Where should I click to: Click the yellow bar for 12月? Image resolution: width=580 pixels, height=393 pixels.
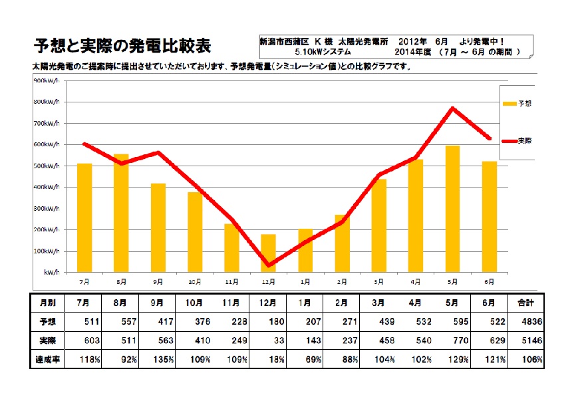[x=268, y=253]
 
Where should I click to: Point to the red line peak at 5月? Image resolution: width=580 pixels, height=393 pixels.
[x=452, y=108]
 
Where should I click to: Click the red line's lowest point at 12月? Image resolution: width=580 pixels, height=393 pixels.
[x=268, y=265]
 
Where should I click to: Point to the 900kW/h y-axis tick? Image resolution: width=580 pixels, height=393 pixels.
[x=46, y=80]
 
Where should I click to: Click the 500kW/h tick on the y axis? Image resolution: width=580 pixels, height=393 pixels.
[x=46, y=166]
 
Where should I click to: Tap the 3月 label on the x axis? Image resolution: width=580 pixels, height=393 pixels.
[x=378, y=282]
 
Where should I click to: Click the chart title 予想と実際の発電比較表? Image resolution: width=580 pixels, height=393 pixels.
[x=122, y=47]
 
